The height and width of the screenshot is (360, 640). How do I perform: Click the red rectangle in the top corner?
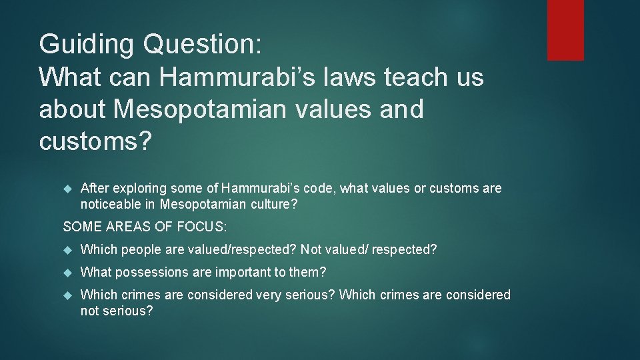tap(565, 30)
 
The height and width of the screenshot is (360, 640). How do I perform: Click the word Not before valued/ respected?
tap(311, 250)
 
